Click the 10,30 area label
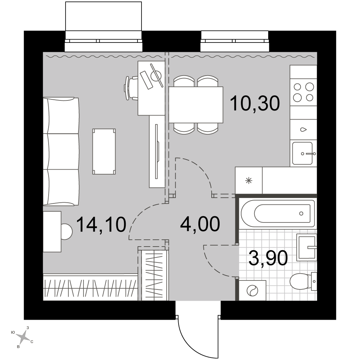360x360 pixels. click(x=255, y=103)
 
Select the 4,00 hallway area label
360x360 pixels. click(x=200, y=224)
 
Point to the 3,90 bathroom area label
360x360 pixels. click(x=268, y=258)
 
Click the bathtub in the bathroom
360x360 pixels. click(x=278, y=213)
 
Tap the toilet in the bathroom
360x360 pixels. click(x=303, y=282)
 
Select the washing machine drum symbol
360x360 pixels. click(x=252, y=291)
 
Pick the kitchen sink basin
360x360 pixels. click(x=302, y=153)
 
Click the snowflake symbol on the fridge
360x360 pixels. click(x=249, y=181)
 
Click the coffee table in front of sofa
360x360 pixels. click(x=104, y=152)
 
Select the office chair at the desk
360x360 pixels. click(x=131, y=88)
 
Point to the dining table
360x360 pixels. click(x=196, y=105)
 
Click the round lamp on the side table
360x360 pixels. click(x=67, y=231)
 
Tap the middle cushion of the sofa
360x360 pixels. click(x=61, y=152)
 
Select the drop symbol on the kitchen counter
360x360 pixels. click(x=303, y=130)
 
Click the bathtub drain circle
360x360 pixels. click(x=301, y=213)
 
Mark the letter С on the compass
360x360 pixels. click(x=32, y=342)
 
